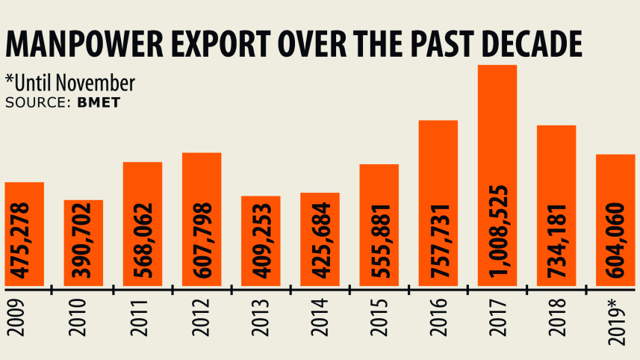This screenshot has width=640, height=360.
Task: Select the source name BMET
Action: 99,102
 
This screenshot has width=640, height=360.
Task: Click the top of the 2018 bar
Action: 557,126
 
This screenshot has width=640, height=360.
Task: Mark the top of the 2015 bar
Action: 379,165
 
